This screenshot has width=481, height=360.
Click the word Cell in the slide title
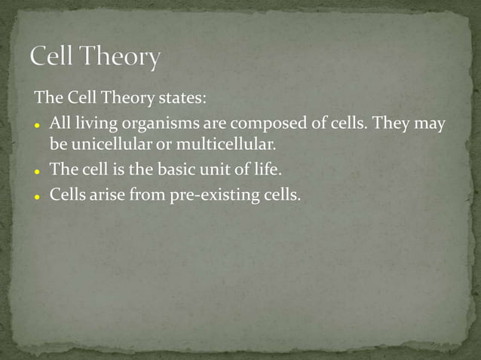[55, 57]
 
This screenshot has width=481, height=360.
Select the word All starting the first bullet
[60, 124]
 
